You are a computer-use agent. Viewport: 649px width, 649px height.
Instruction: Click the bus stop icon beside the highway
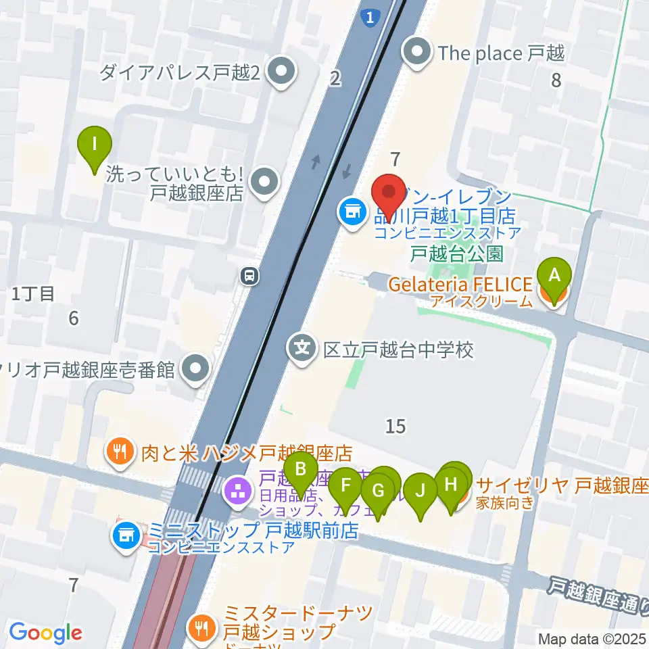click(x=250, y=275)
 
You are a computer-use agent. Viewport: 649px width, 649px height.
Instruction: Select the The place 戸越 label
click(x=501, y=52)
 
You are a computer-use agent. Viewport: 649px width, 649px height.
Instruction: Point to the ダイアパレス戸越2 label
click(x=180, y=72)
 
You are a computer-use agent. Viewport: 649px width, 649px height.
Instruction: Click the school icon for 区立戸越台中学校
click(x=302, y=348)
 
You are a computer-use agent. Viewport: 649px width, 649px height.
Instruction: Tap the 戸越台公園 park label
click(x=467, y=254)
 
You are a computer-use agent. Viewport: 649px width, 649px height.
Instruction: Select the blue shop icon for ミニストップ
click(x=124, y=537)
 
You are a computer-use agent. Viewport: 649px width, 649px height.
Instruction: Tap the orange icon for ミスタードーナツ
click(x=201, y=624)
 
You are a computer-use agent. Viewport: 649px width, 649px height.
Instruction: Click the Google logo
click(x=45, y=633)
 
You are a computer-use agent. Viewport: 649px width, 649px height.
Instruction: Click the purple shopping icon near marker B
click(x=237, y=491)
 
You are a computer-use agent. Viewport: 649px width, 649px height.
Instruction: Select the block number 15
click(x=395, y=426)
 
